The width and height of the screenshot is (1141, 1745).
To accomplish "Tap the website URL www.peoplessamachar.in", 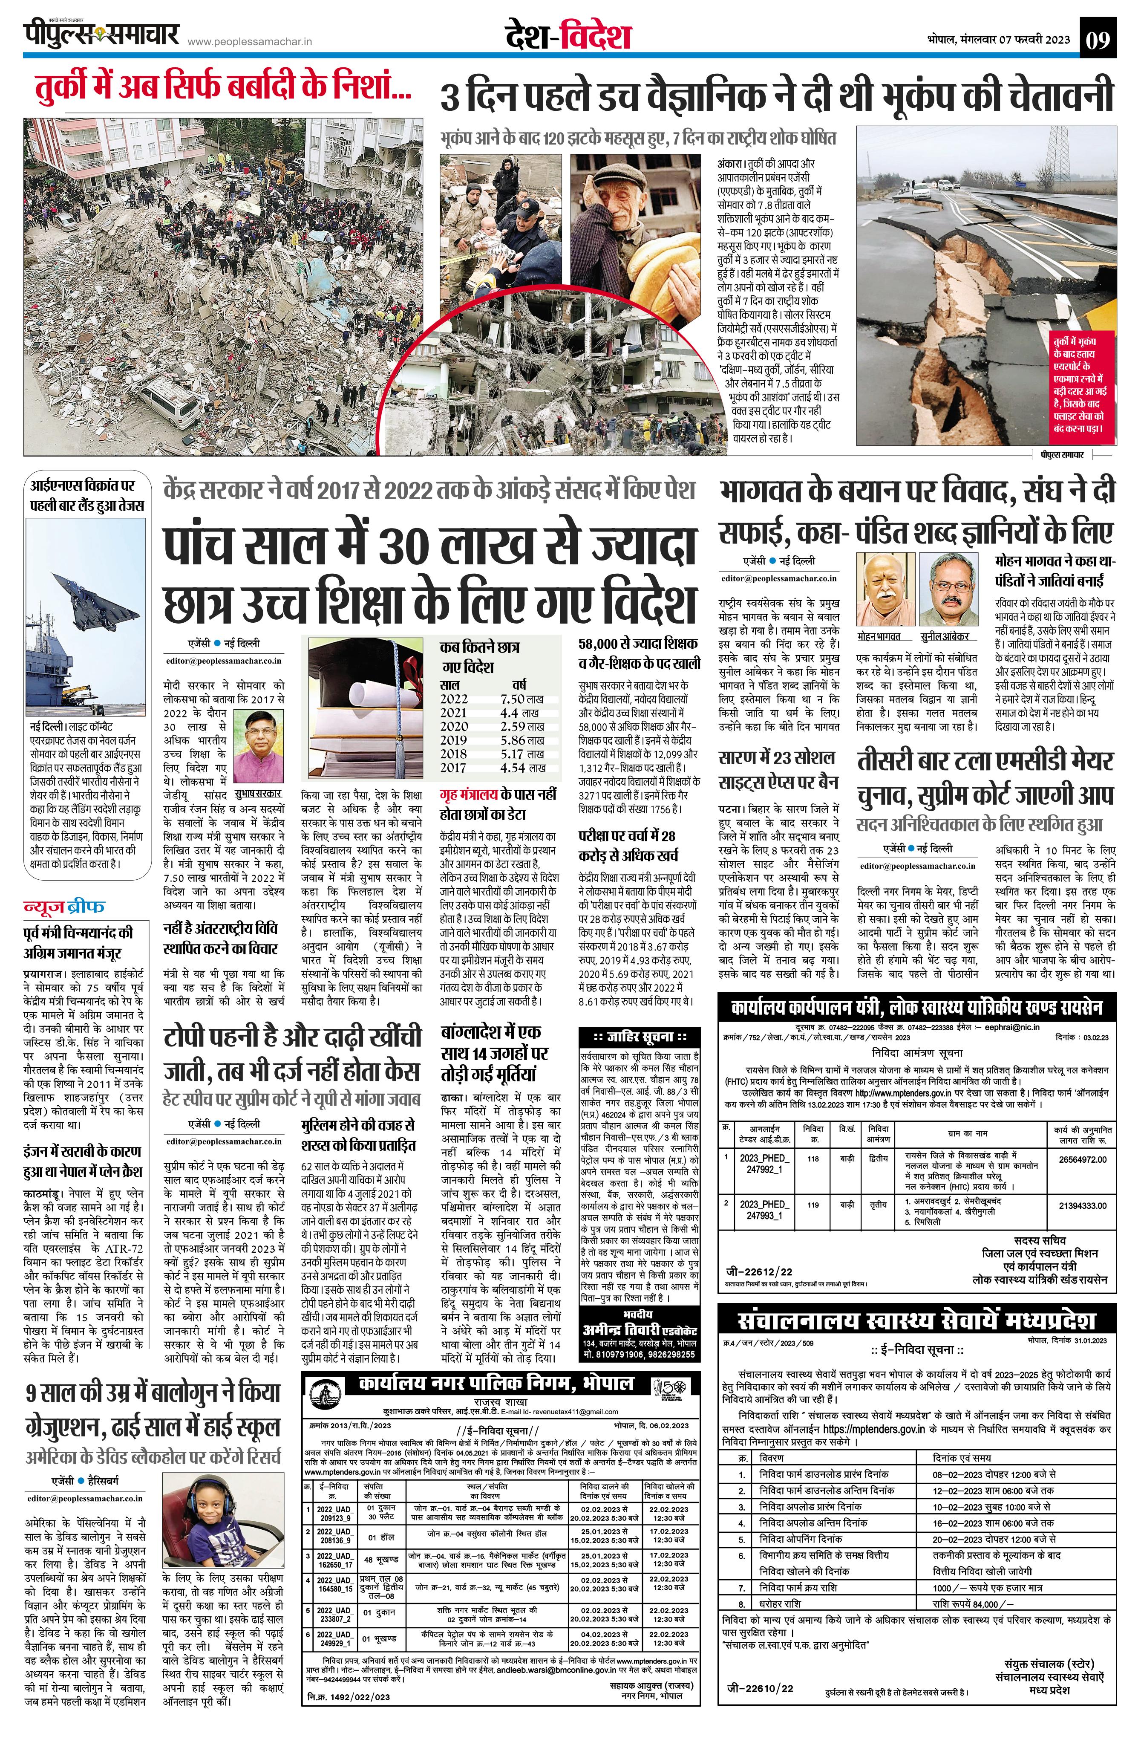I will click(x=250, y=43).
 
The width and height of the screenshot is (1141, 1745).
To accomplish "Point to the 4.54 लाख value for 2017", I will click(x=522, y=768).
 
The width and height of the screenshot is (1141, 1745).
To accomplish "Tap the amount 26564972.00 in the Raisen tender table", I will click(x=1082, y=1159).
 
